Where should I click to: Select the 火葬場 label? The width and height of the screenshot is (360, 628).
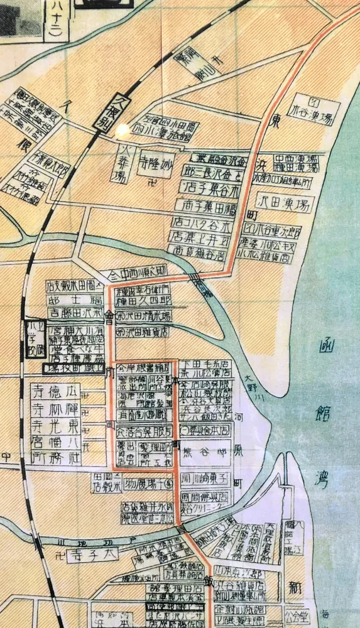tap(124, 161)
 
